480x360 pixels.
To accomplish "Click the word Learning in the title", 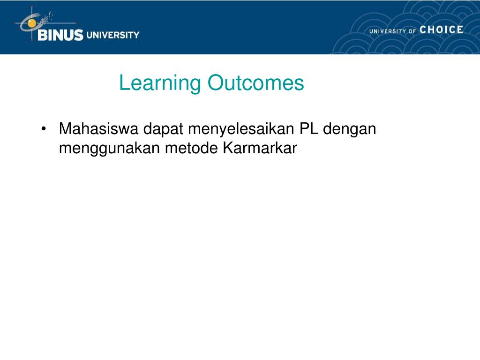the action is click(x=160, y=83).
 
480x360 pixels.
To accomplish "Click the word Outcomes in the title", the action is click(x=256, y=82).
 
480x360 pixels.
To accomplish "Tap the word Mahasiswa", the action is click(x=98, y=128).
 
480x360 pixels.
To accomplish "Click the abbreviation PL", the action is click(x=309, y=128).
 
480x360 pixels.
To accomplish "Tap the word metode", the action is click(x=191, y=148).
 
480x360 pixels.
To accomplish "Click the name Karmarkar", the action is click(x=260, y=148).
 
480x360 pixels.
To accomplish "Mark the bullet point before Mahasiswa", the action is click(x=44, y=129).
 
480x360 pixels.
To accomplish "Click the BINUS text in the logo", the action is click(x=60, y=35).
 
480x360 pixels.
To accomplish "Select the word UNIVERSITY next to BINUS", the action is click(x=113, y=35).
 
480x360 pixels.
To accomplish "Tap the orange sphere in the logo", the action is click(x=31, y=23).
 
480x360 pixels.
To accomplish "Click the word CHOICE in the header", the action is click(x=441, y=30).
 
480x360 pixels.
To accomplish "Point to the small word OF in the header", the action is click(x=412, y=31).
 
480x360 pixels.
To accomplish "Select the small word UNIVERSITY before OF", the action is click(x=388, y=31).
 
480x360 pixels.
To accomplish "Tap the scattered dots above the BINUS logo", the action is click(x=46, y=18).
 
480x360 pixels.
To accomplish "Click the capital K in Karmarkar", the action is click(x=228, y=148).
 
